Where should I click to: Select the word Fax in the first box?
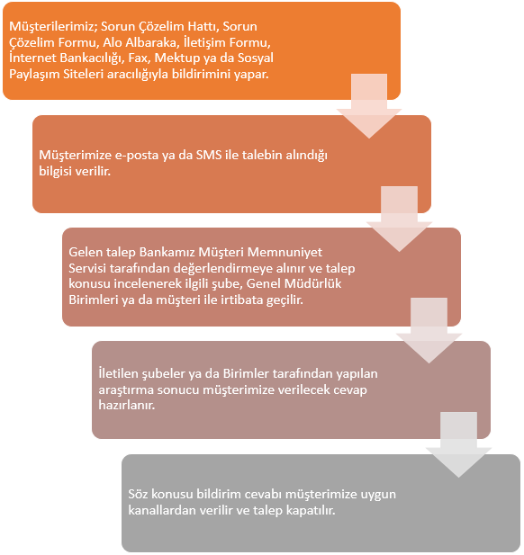[x=138, y=58]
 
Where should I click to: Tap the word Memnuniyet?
[x=285, y=253]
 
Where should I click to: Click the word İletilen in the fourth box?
[x=119, y=374]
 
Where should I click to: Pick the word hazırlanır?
[x=127, y=405]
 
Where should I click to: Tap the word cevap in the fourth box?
[x=349, y=390]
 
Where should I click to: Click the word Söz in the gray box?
[x=138, y=494]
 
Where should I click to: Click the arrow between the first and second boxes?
[x=369, y=106]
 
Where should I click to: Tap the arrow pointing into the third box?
[x=399, y=219]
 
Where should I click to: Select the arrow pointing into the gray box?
[x=458, y=445]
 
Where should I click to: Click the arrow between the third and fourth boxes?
[x=429, y=331]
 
